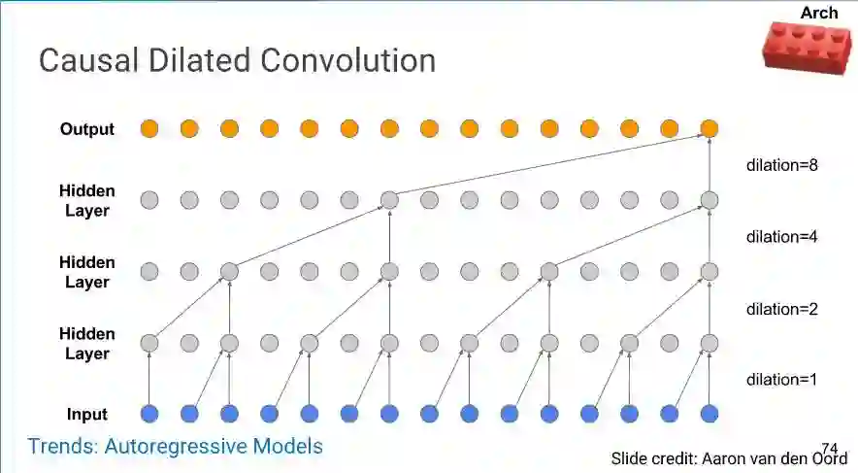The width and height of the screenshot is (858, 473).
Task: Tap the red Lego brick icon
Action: pos(807,47)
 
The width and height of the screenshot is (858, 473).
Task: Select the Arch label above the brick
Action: pos(818,13)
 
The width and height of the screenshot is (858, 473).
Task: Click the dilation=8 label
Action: pos(782,165)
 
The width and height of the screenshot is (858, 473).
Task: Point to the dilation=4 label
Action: pos(782,236)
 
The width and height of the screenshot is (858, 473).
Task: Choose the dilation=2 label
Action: pos(782,309)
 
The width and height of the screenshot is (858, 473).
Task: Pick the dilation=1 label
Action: pos(782,379)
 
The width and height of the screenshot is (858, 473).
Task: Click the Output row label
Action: pos(87,128)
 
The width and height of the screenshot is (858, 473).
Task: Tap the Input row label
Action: pos(87,415)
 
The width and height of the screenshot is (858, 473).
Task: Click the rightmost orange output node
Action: pos(709,128)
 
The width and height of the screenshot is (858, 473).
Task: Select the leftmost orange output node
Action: pos(148,128)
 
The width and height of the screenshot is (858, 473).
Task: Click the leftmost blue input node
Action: pos(148,414)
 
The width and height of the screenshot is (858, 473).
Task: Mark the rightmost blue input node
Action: pos(709,414)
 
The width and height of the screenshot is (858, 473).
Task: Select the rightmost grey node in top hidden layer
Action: pos(709,200)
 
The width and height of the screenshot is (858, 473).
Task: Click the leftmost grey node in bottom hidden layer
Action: pos(148,343)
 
